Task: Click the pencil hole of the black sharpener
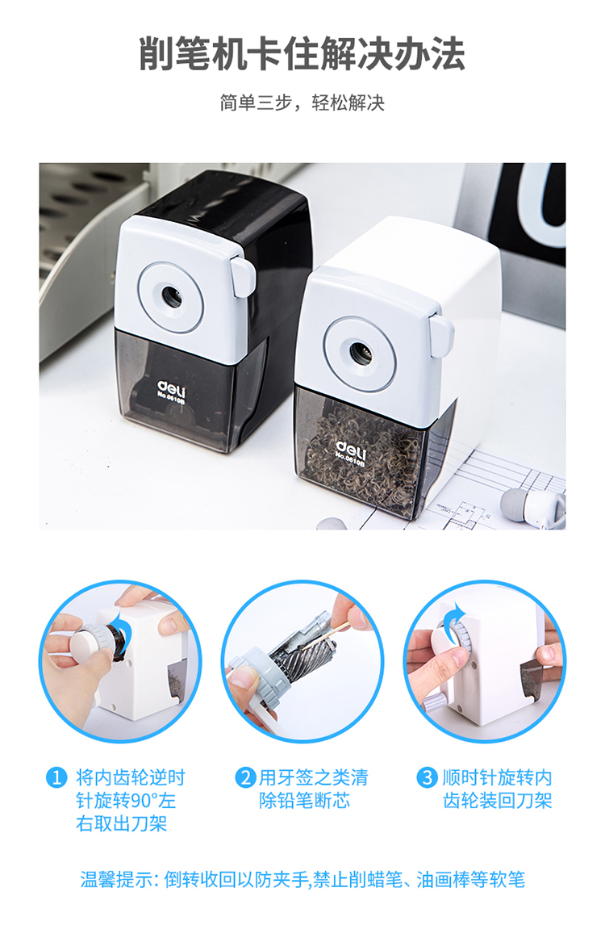[172, 296]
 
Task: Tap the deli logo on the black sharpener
[172, 389]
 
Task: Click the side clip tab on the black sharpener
[244, 276]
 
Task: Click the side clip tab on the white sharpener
[441, 336]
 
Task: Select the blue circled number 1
[56, 777]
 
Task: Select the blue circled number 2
[245, 777]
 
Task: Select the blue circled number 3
[427, 777]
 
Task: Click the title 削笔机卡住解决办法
[302, 54]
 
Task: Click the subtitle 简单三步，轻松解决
[302, 103]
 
